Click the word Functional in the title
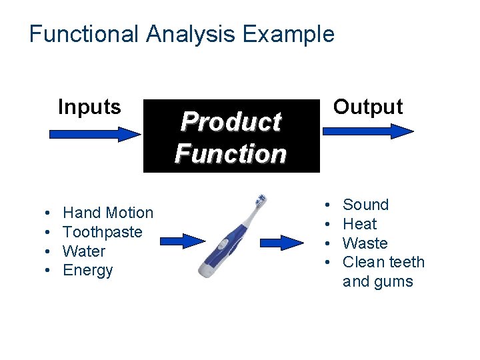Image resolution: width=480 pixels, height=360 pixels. click(84, 33)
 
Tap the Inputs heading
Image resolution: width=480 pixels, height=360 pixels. click(89, 107)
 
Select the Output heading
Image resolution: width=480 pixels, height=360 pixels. click(368, 107)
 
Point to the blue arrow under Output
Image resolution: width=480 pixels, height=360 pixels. click(368, 130)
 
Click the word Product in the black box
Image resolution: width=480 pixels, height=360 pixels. click(231, 122)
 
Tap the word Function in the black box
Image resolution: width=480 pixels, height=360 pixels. click(231, 154)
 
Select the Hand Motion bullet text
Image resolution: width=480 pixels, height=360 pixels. click(108, 213)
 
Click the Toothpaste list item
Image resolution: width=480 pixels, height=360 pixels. click(103, 232)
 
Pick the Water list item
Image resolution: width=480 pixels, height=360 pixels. click(84, 251)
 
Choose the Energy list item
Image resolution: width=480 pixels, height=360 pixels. click(88, 271)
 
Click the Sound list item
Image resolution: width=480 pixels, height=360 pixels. click(365, 205)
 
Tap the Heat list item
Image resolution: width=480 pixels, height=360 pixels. click(360, 224)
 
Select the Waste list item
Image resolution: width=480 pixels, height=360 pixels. click(365, 243)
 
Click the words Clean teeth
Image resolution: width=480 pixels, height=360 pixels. click(383, 263)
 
